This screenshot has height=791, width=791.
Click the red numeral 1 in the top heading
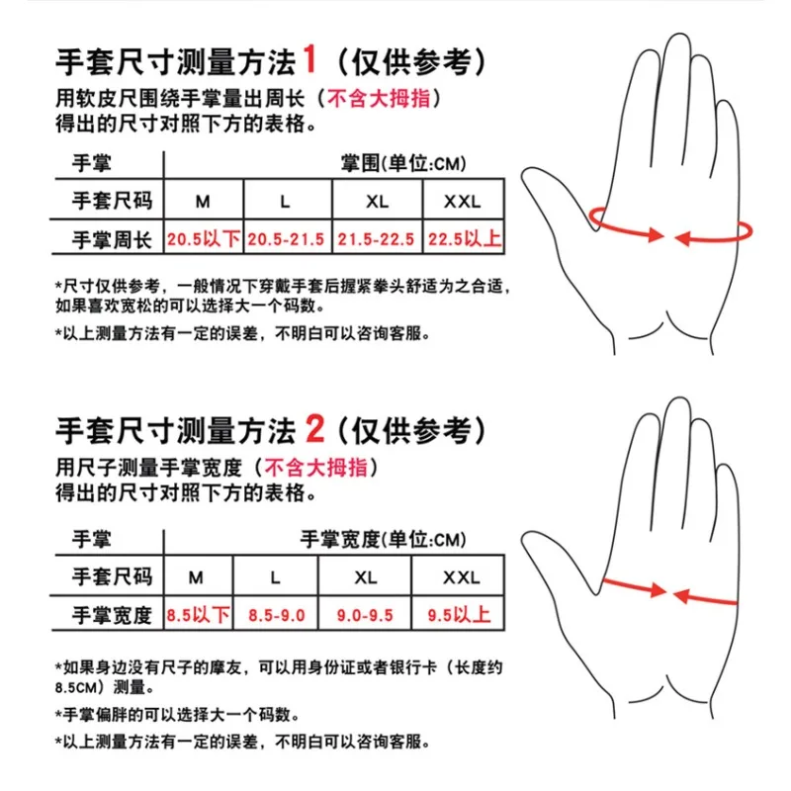[309, 59]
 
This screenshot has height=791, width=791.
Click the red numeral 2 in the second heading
[314, 429]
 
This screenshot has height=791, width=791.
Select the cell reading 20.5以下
[204, 238]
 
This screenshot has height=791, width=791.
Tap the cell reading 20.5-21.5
[286, 238]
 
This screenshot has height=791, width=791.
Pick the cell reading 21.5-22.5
[376, 238]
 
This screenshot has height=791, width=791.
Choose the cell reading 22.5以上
[464, 238]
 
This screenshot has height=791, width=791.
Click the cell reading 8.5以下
[199, 614]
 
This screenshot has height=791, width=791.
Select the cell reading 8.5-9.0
[277, 615]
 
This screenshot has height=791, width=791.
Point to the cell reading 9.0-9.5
[365, 615]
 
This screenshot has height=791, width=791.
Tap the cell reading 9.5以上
[459, 614]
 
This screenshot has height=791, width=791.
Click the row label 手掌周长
[112, 239]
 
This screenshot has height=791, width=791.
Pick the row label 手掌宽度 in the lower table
[112, 615]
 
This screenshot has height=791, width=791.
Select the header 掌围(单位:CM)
[403, 163]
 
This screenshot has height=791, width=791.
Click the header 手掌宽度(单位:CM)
[383, 539]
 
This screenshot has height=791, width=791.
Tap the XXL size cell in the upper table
[463, 202]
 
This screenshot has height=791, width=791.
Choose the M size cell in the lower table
[196, 577]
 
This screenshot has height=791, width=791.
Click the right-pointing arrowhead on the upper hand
[657, 234]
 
